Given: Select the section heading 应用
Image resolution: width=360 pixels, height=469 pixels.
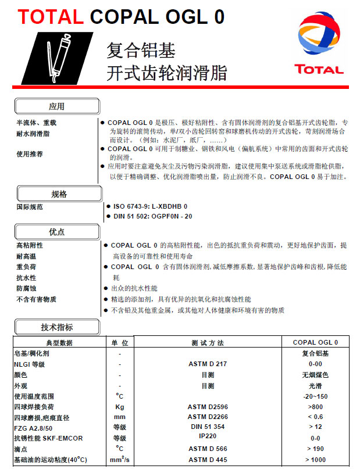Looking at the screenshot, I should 57,106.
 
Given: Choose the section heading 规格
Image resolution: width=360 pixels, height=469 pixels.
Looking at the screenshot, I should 59,194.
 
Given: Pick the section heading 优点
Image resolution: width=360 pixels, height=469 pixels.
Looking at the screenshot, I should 57,232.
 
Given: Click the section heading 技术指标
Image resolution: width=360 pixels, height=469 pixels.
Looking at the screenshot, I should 57,327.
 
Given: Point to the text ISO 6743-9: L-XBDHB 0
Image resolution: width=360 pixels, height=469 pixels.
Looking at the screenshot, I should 149,206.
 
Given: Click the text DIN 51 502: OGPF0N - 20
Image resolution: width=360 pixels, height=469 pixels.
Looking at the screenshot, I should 152,216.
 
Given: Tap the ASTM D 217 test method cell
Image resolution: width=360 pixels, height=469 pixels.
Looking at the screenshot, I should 207,364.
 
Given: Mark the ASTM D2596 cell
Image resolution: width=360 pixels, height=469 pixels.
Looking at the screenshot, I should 207,407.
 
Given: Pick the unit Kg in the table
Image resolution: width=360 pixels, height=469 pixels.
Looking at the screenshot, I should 120,407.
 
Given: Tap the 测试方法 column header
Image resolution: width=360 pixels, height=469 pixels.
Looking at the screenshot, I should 207,342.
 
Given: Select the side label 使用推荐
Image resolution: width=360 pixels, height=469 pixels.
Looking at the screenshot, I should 30,154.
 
